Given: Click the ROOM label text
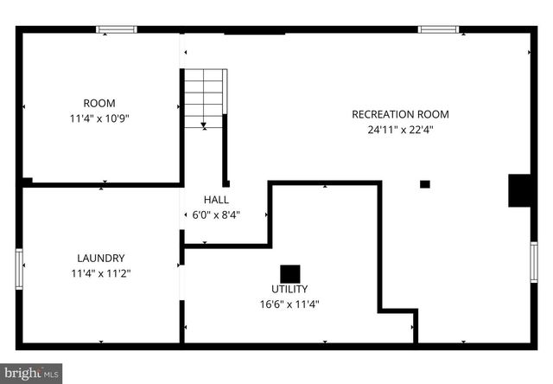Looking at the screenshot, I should [99, 103].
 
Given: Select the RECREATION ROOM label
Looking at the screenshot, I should [400, 114].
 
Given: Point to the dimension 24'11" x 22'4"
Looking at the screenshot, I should [400, 131].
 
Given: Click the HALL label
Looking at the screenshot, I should [216, 200].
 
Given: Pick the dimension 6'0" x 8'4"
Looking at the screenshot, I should [211, 215].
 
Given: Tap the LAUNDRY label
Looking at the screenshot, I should [101, 258].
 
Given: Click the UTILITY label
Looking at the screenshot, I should [289, 289].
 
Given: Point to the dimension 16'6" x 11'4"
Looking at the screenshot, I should [289, 304].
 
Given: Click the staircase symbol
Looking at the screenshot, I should [205, 98].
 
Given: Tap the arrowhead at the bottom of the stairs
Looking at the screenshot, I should [203, 125].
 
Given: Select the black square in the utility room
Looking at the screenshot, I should [289, 272].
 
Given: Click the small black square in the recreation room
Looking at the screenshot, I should [424, 184].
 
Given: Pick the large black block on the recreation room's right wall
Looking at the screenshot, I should [519, 190].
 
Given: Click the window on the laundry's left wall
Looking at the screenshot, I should [18, 267].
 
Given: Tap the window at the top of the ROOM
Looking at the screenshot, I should [116, 29].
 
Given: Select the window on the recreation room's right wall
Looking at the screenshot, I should [533, 262].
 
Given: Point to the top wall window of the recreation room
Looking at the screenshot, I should [438, 29].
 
